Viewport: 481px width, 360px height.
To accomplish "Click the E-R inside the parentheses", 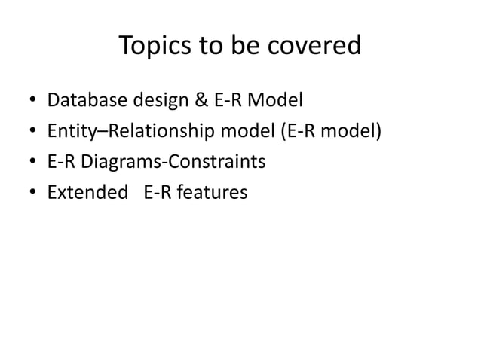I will coord(297,131).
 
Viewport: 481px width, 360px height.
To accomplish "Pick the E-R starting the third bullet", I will coord(61,162).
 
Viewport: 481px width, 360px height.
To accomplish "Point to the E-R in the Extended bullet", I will coord(158,193).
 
